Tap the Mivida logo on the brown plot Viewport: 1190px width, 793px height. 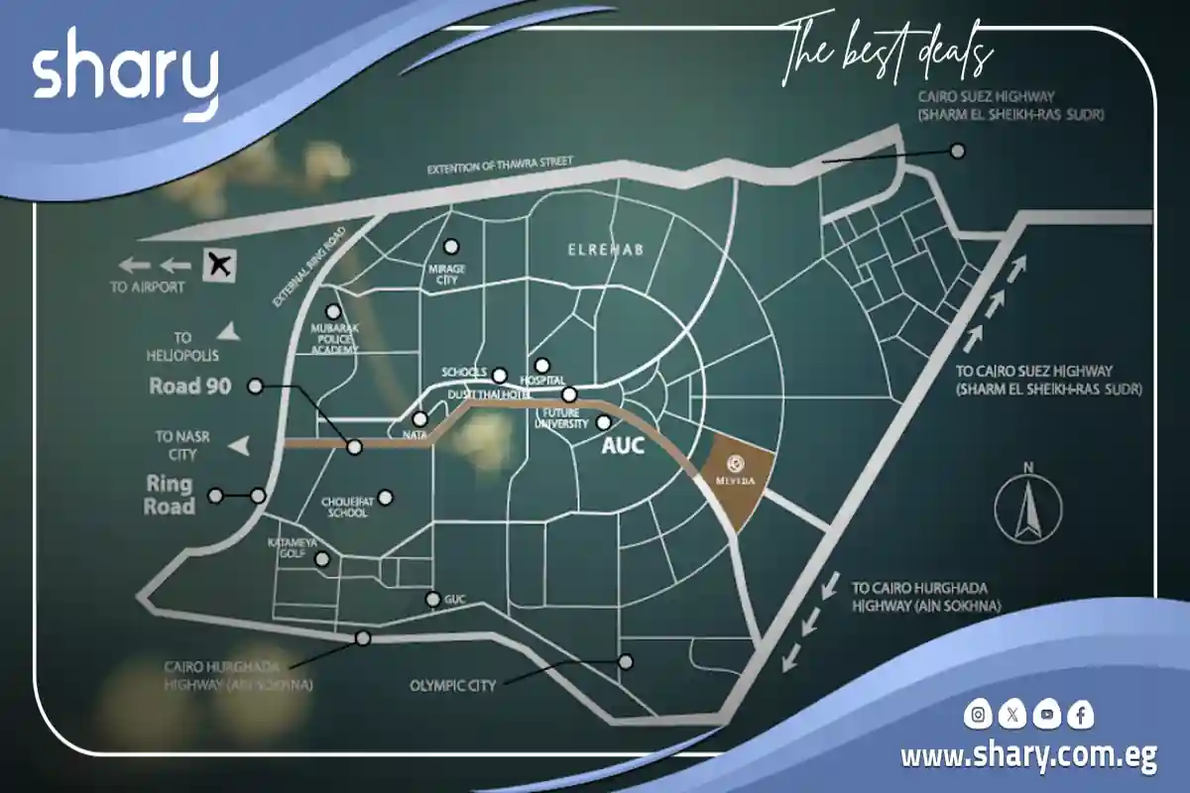pyautogui.click(x=737, y=462)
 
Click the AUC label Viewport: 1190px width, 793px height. pyautogui.click(x=624, y=446)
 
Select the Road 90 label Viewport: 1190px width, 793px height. pyautogui.click(x=190, y=386)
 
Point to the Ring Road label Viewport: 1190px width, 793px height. pyautogui.click(x=170, y=496)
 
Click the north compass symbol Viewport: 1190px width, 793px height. pyautogui.click(x=1028, y=507)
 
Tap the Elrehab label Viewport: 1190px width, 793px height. pyautogui.click(x=605, y=250)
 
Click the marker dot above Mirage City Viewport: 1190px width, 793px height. pyautogui.click(x=452, y=246)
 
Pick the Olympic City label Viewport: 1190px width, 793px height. pyautogui.click(x=452, y=685)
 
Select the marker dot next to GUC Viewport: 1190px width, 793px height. pyautogui.click(x=433, y=599)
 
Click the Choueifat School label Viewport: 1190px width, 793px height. pyautogui.click(x=345, y=507)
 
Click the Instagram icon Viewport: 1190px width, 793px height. pyautogui.click(x=979, y=714)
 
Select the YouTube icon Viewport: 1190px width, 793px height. pyautogui.click(x=1046, y=714)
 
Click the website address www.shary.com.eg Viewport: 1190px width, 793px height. pyautogui.click(x=1028, y=757)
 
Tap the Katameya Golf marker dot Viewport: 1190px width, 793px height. pyautogui.click(x=321, y=560)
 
